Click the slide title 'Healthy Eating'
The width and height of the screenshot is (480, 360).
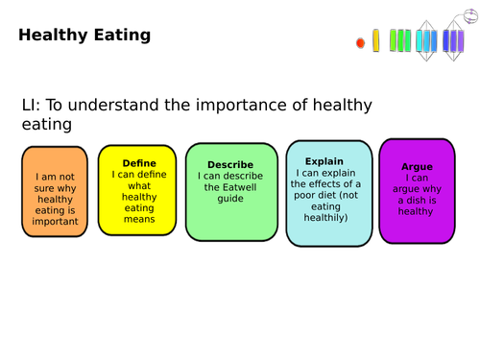(84, 36)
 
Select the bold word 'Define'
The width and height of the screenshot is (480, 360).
(139, 163)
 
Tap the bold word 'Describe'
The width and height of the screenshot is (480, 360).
(231, 164)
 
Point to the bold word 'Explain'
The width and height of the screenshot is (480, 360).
(324, 161)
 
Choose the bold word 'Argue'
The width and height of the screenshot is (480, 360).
(417, 166)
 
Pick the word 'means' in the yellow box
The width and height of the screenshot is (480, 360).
(139, 219)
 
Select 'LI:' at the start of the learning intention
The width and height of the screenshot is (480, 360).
(32, 107)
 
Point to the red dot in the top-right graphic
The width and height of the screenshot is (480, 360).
(361, 43)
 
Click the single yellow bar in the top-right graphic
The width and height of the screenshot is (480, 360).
(375, 40)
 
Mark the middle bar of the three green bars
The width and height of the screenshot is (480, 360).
(400, 40)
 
